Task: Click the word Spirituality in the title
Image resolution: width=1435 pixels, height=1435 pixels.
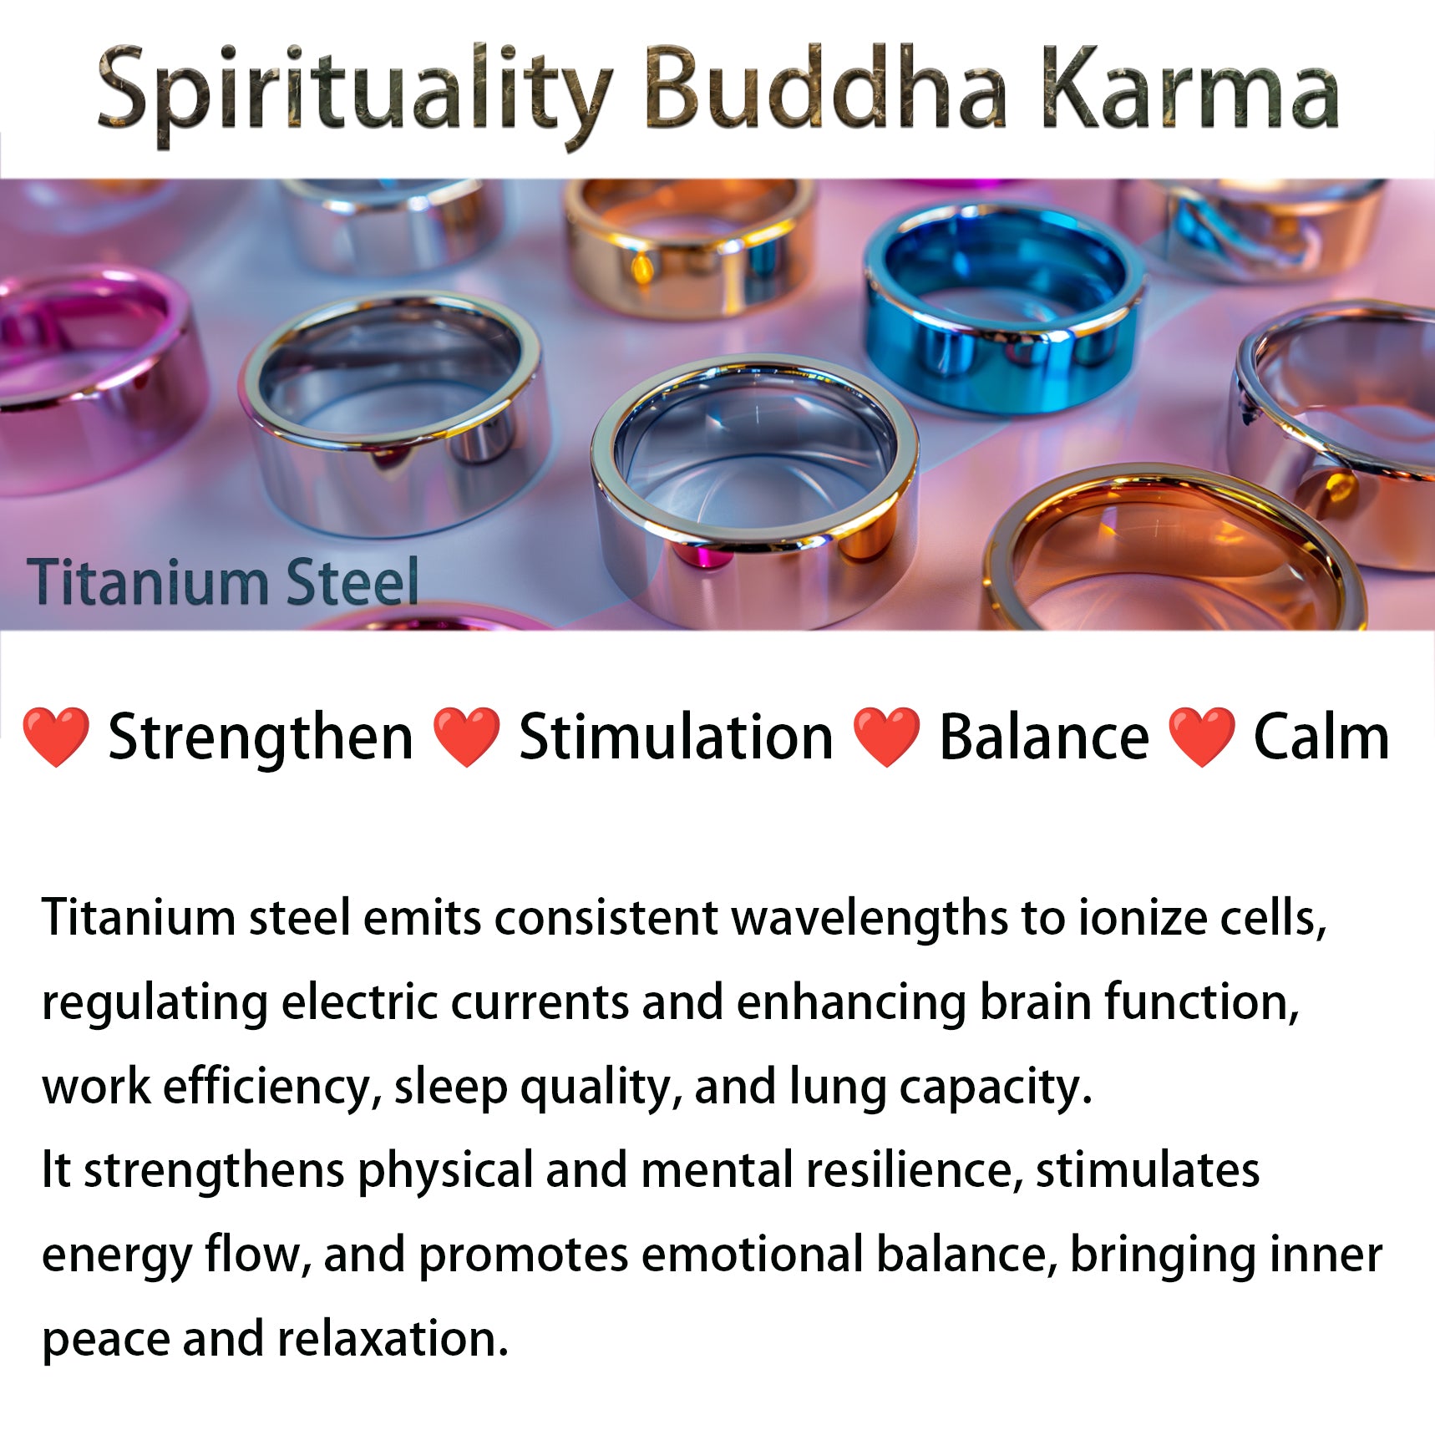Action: point(355,94)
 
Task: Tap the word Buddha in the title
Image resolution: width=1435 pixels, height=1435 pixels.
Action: point(825,87)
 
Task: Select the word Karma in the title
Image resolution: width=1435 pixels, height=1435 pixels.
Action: point(1189,87)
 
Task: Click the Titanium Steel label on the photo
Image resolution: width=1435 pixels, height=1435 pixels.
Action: point(222,581)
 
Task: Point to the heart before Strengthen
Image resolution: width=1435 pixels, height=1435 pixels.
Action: point(55,737)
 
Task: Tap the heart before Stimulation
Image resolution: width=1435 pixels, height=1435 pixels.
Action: point(466,737)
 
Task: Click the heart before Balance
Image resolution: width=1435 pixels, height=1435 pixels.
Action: point(886,737)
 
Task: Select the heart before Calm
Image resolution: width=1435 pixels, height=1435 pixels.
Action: point(1201,737)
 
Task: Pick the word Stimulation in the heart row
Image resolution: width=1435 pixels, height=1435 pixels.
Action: point(677,736)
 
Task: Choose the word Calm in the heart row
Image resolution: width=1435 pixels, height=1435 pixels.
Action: point(1321,736)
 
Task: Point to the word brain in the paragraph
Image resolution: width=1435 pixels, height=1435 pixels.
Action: point(1035,1001)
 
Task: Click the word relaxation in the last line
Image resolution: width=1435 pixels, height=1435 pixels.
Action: point(393,1339)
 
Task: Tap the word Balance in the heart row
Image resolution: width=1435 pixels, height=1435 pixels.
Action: point(1044,736)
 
